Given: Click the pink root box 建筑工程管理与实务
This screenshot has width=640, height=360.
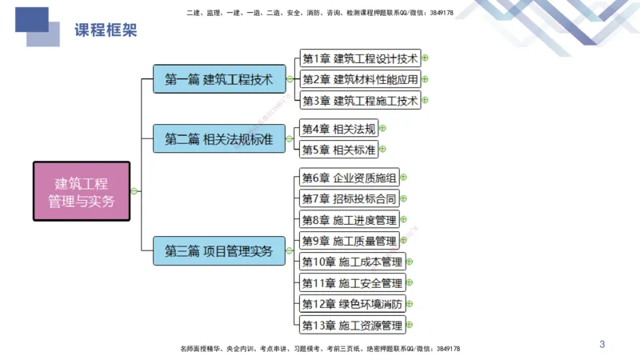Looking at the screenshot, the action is point(81,191).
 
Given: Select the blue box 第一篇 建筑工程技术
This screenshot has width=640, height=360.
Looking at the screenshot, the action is point(218,79).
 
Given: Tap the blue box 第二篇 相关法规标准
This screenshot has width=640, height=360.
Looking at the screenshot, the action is point(218,138).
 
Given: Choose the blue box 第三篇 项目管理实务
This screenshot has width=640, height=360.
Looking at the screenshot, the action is point(218,250).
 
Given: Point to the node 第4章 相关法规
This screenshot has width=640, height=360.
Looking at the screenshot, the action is point(338,128).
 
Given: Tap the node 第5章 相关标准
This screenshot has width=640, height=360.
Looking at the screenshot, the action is point(338,150).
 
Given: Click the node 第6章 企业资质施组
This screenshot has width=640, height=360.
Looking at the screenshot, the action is point(349,178).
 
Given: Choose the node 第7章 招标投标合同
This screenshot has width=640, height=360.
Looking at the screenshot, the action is point(349,198).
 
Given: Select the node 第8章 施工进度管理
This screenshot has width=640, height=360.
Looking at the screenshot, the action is point(349,220).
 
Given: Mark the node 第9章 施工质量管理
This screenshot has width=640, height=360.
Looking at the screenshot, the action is point(349,241).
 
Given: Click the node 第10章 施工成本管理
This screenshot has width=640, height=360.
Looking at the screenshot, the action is point(352,262).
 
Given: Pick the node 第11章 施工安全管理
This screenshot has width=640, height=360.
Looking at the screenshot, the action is point(352,283).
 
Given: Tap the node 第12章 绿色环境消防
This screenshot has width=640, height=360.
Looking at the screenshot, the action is point(352,304).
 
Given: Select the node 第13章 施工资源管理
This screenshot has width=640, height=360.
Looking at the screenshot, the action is point(352,326).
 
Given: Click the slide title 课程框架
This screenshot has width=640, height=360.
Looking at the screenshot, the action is point(106,30).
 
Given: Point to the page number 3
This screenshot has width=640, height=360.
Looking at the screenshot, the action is point(602,345).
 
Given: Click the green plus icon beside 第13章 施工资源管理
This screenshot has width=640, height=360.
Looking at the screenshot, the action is point(410,326).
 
